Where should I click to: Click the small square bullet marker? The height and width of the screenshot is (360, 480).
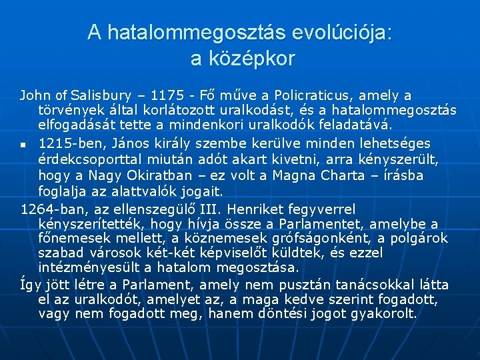click(23, 144)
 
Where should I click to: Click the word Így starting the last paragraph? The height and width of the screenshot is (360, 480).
click(30, 285)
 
